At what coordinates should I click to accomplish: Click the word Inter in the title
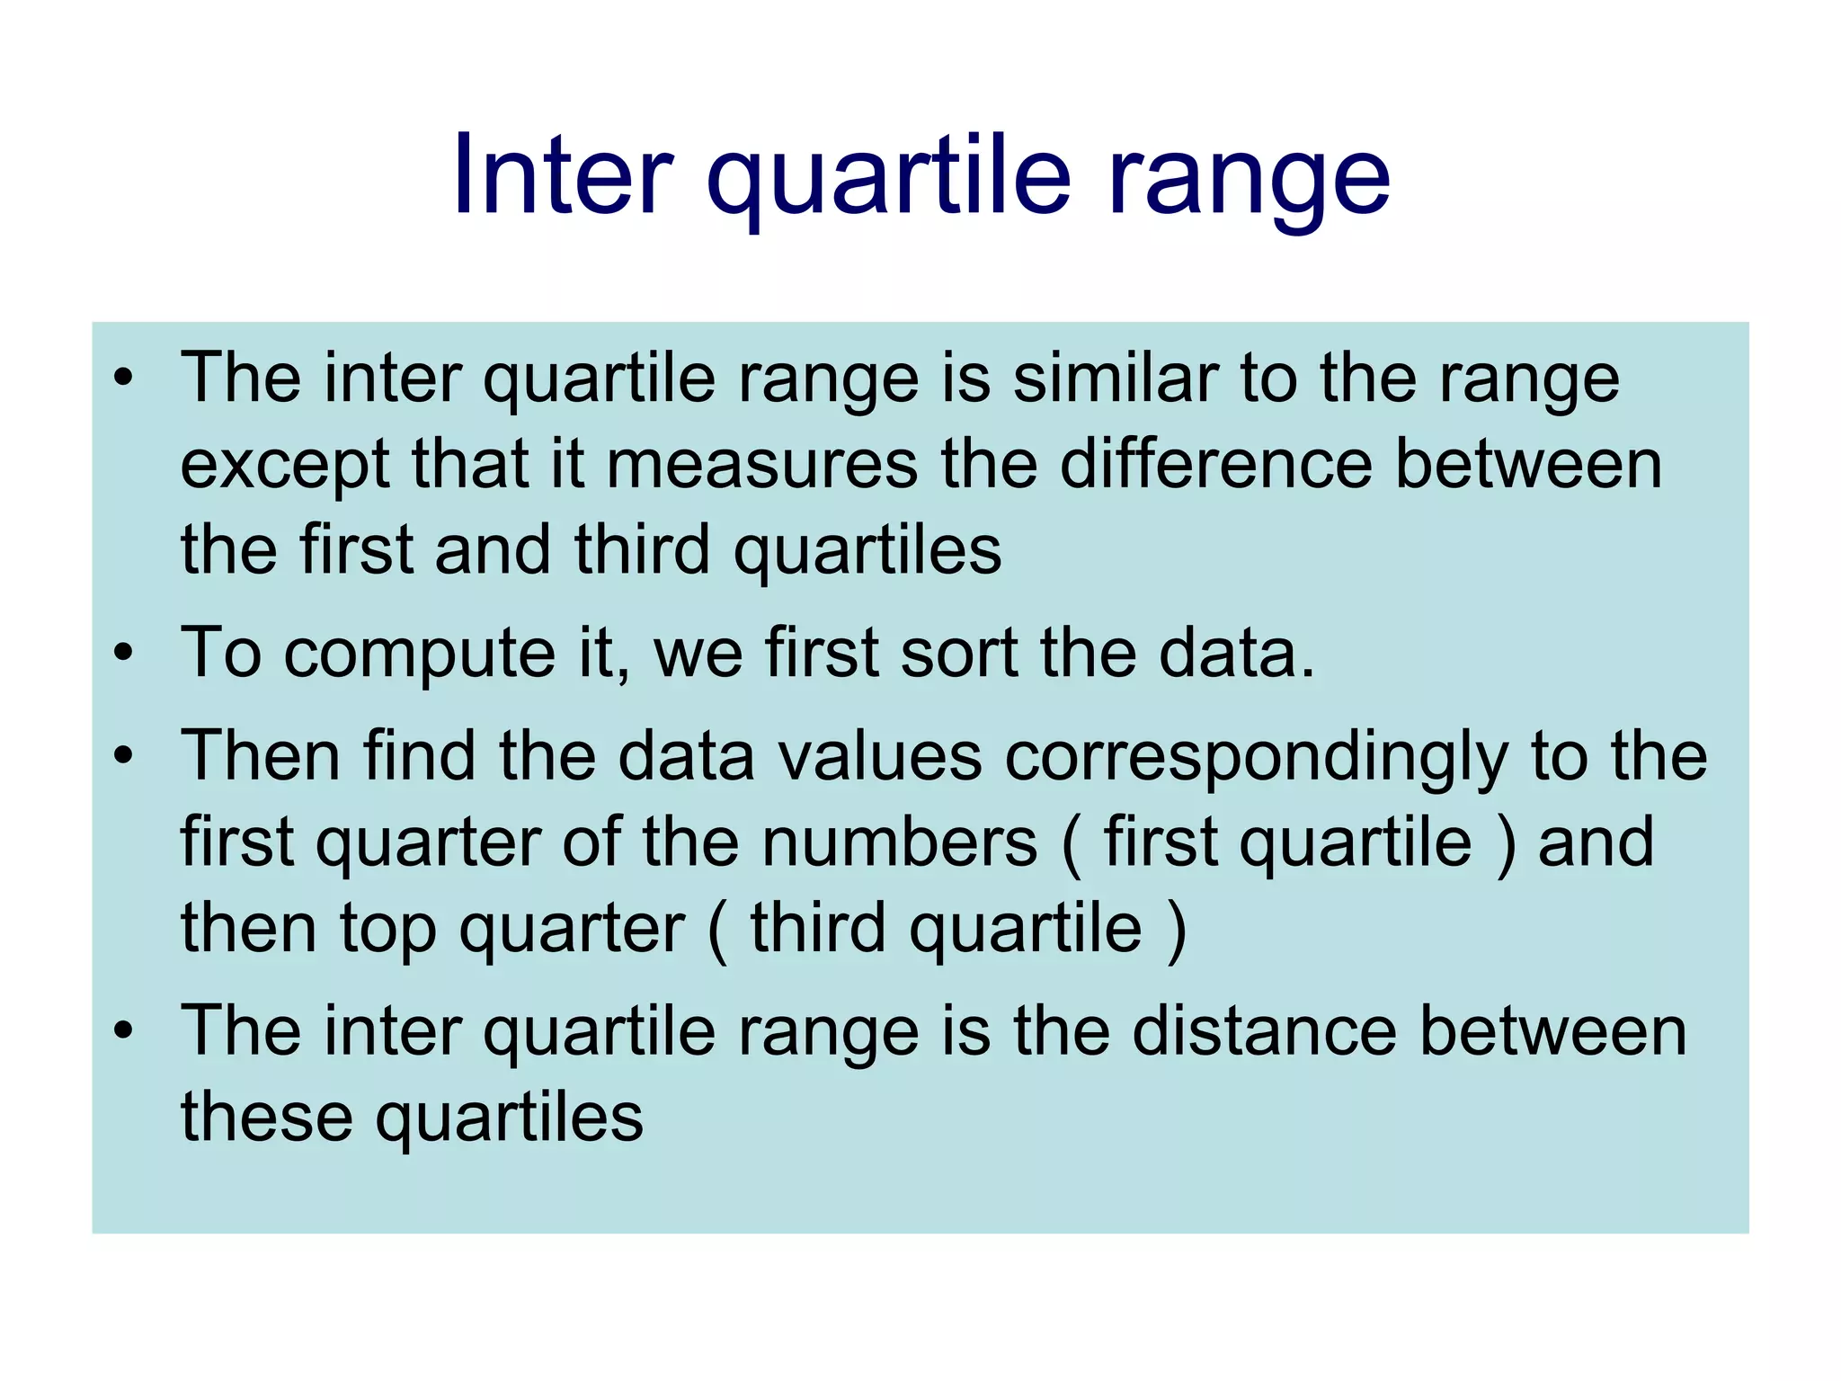click(563, 175)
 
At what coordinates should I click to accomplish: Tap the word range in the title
click(1249, 175)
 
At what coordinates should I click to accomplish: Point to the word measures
click(762, 465)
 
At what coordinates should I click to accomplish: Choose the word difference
click(1216, 465)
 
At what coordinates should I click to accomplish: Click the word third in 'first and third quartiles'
click(642, 549)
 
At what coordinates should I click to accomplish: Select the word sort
click(958, 652)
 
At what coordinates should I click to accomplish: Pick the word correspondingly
click(1257, 757)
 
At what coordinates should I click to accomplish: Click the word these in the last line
click(267, 1117)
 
